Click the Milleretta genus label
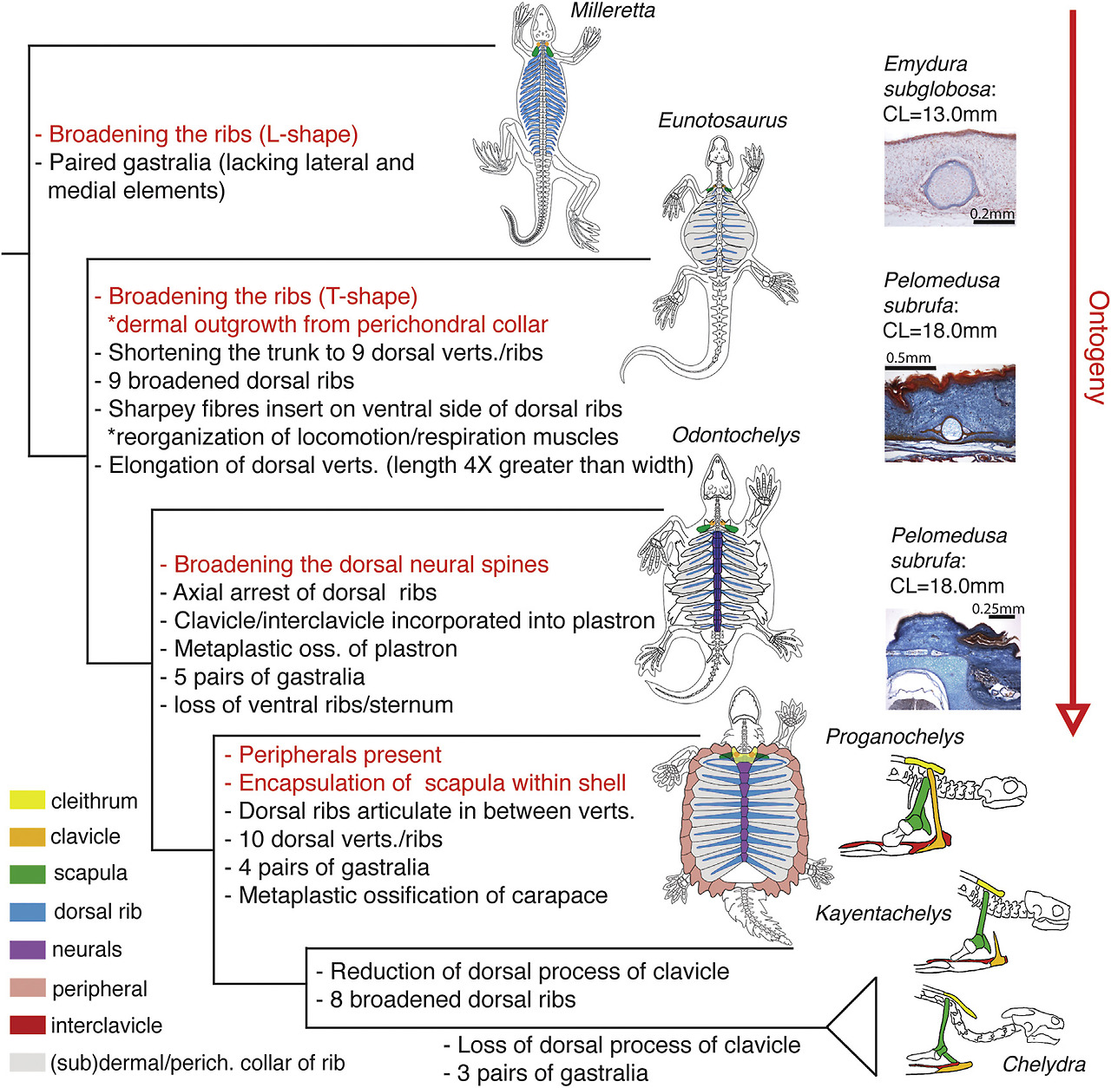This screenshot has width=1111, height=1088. tap(613, 11)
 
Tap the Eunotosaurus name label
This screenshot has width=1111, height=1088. tap(722, 121)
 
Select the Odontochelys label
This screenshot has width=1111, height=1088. tap(736, 435)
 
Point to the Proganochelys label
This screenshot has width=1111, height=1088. tap(894, 737)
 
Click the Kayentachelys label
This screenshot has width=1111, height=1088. tap(883, 914)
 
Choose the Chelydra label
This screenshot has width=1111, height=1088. tap(1043, 1064)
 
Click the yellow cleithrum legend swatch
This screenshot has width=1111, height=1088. tap(27, 800)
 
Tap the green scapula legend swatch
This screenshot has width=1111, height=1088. tap(27, 873)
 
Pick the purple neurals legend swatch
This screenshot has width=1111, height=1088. tap(27, 949)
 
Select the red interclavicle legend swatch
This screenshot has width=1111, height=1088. tap(27, 1025)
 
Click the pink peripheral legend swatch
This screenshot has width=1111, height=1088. tap(27, 987)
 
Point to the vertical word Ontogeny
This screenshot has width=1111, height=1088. tap(1098, 347)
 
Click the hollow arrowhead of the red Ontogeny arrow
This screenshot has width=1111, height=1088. tap(1073, 718)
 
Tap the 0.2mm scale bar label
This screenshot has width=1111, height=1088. tap(992, 214)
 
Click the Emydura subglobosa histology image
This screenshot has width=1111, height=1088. tap(950, 179)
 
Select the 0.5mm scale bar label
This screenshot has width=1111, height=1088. tap(908, 357)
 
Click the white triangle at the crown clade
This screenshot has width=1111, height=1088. tap(855, 1027)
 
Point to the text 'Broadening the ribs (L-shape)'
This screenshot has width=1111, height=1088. tap(196, 134)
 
